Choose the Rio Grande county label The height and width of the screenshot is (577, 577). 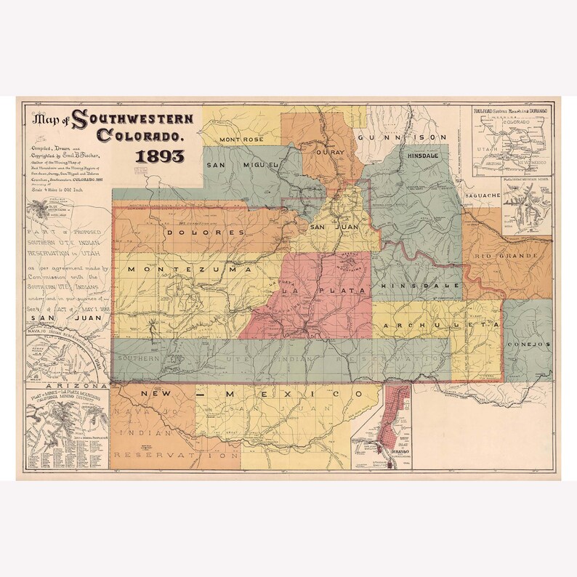tap(507, 257)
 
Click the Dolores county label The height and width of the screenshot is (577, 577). tap(206, 233)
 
